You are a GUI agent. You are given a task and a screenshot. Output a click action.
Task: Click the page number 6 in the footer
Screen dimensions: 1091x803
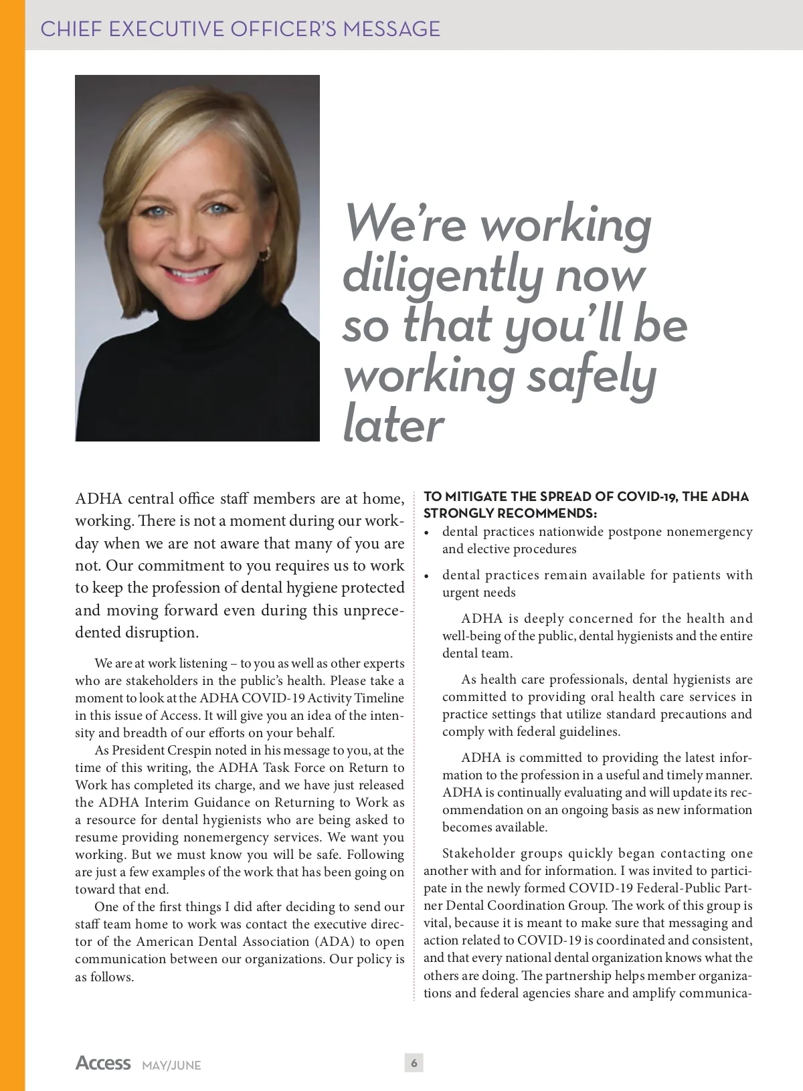(x=414, y=1063)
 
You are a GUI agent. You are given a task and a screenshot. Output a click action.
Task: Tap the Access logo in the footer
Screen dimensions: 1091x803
(x=103, y=1063)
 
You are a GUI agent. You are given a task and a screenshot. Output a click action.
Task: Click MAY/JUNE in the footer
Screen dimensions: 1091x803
(x=171, y=1065)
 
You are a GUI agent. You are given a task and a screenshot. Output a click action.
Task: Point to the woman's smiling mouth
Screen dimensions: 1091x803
(x=193, y=274)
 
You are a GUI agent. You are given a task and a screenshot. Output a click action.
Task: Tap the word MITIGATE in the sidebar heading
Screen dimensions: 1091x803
(x=476, y=496)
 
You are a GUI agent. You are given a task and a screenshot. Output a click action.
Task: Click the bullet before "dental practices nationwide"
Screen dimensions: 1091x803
(x=426, y=533)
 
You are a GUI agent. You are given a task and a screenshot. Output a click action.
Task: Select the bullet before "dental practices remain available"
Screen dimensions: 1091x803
(x=426, y=576)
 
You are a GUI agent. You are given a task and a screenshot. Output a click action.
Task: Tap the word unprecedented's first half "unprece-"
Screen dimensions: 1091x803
(x=374, y=610)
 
